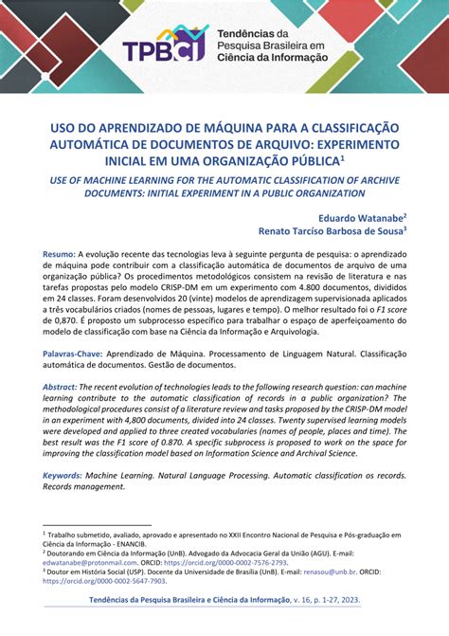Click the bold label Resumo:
coord(59,255)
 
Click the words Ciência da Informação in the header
coord(280,57)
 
